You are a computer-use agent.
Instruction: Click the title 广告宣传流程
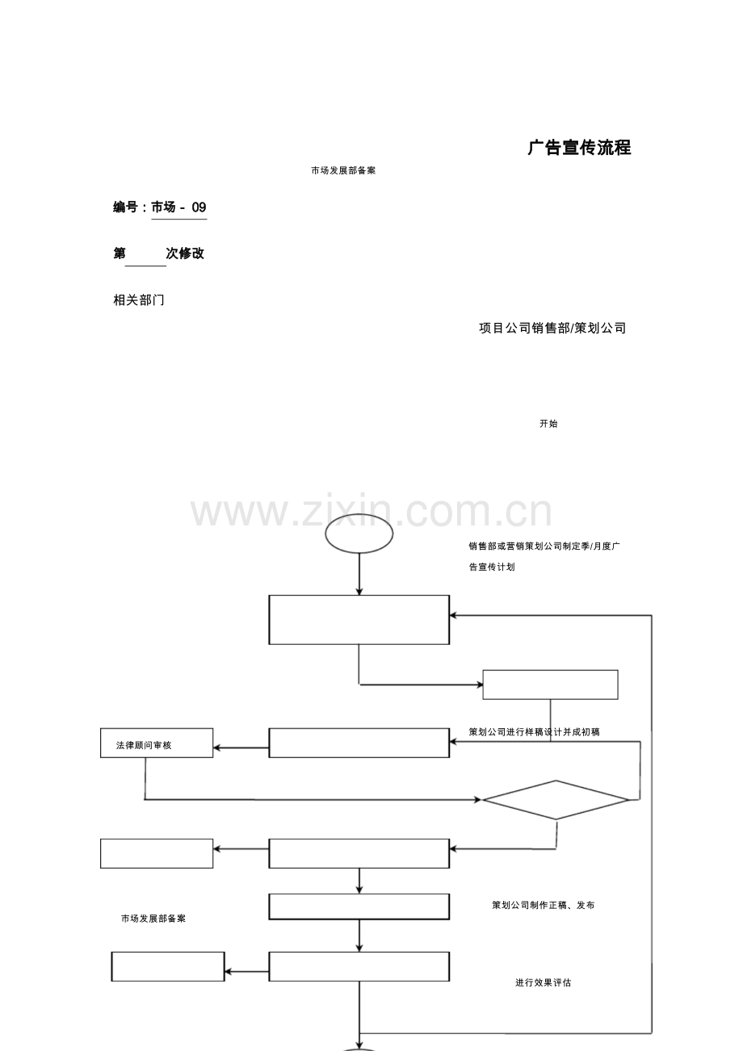click(x=579, y=148)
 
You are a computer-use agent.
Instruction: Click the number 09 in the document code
click(x=199, y=207)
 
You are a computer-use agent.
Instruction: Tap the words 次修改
click(x=185, y=253)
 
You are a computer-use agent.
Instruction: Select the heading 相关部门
click(x=139, y=299)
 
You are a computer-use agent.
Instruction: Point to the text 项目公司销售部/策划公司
click(x=552, y=328)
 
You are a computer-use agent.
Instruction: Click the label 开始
click(x=548, y=424)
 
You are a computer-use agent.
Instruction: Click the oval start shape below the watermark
click(x=359, y=534)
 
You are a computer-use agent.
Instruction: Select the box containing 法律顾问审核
click(x=157, y=743)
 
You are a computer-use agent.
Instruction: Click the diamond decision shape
click(x=556, y=800)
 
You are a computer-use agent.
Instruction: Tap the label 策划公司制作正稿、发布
click(x=543, y=905)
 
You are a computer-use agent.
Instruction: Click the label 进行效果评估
click(x=543, y=982)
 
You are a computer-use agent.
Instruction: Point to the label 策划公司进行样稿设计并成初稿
click(x=534, y=732)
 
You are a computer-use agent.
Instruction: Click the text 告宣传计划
click(x=492, y=567)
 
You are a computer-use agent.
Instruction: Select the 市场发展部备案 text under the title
click(x=343, y=171)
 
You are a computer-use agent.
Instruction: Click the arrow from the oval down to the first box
click(x=359, y=574)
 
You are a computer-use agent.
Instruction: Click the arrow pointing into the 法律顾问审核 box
click(x=241, y=748)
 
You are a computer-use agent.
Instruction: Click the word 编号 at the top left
click(x=125, y=207)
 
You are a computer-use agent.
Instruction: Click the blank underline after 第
click(x=145, y=266)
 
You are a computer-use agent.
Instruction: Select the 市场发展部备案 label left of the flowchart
click(x=153, y=919)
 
